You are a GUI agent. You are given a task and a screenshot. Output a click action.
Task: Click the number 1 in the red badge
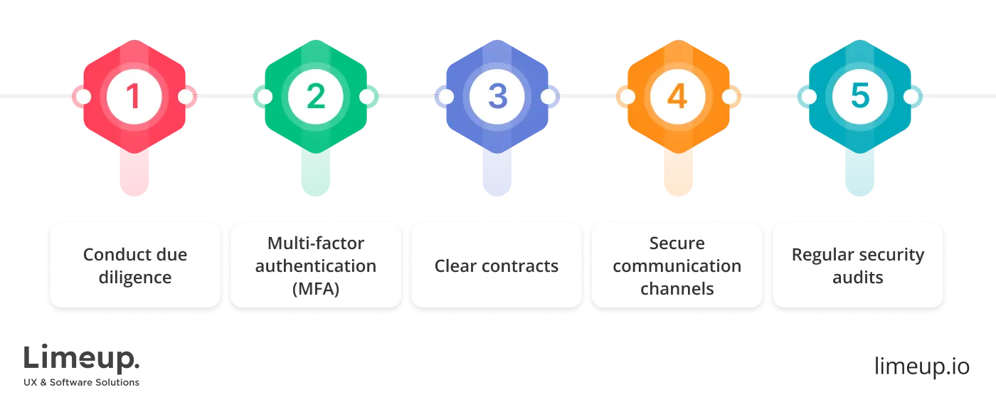tap(134, 97)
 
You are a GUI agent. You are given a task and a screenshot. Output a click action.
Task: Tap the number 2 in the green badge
tap(315, 97)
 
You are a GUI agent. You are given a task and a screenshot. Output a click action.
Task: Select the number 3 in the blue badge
tap(497, 97)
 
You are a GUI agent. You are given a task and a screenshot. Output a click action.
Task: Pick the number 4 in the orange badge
tap(677, 97)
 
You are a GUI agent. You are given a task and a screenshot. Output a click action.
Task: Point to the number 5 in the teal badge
tap(859, 97)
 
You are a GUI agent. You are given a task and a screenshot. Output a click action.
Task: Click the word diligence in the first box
tap(135, 278)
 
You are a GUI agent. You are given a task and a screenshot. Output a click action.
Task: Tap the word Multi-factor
tap(316, 243)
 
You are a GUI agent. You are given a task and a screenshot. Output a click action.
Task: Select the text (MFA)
tap(316, 289)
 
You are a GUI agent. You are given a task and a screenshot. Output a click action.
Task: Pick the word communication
tap(677, 266)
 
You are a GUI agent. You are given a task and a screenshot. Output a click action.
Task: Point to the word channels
tap(677, 289)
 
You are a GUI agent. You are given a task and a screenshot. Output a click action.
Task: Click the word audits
tap(858, 278)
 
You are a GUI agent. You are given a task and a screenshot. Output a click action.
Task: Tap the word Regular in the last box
tap(822, 255)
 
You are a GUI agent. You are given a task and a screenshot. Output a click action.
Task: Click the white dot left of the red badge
tap(83, 97)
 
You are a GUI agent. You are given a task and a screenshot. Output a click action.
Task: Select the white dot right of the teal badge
tap(911, 97)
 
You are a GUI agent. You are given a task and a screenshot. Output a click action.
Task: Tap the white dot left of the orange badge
tap(626, 97)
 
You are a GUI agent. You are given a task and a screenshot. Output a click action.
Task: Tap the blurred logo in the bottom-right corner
tap(921, 365)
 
